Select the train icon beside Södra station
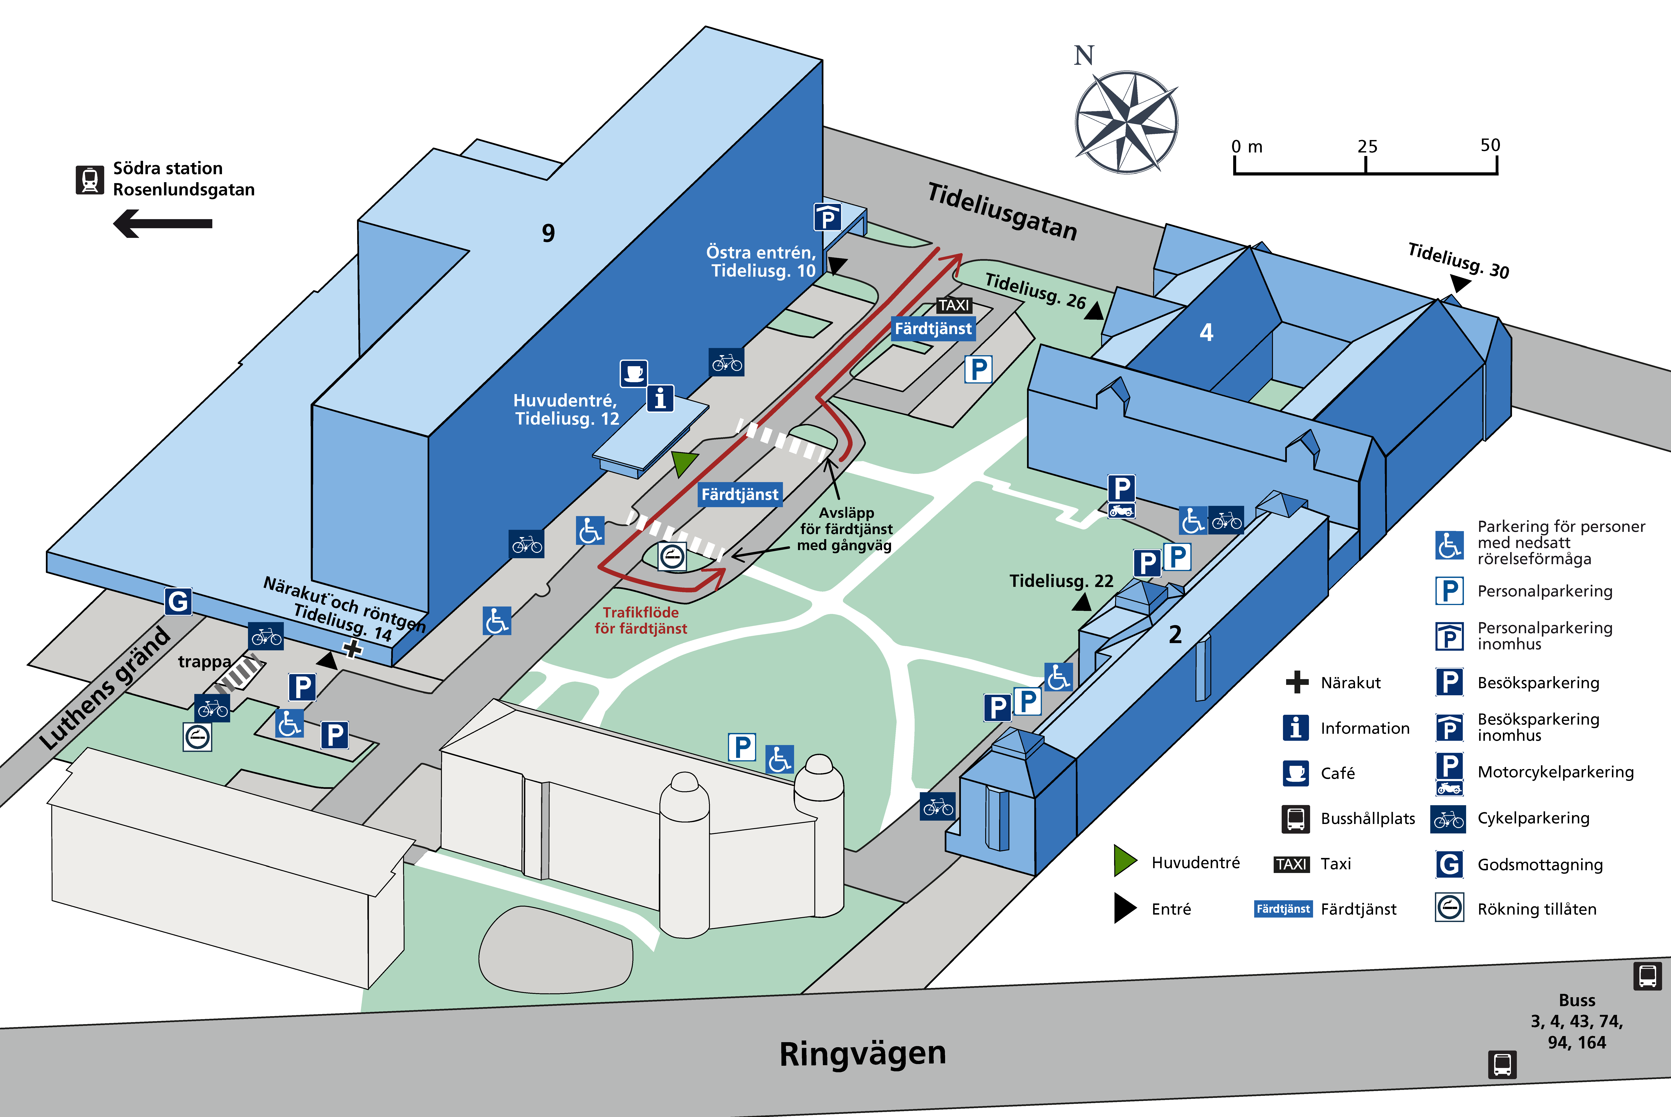90,180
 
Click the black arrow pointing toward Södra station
163,224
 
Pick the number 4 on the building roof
1206,332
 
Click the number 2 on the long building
1175,634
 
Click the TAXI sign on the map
953,305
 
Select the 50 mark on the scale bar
1490,145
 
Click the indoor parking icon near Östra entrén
827,217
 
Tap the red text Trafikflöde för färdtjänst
641,620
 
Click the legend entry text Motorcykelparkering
1556,771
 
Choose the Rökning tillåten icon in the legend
1449,908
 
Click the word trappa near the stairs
205,662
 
